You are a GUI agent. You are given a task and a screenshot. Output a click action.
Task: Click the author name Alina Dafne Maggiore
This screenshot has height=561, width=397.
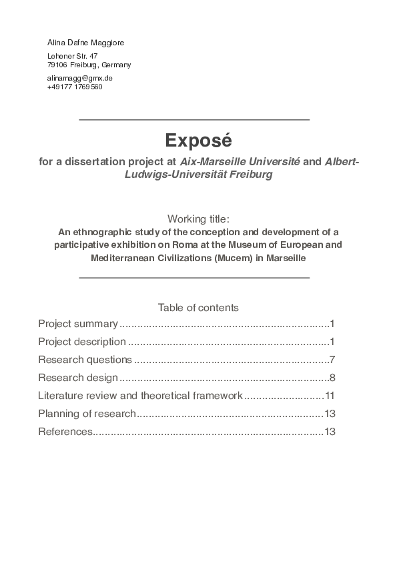(x=86, y=43)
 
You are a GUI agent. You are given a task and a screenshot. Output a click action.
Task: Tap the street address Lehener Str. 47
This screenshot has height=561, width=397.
(x=73, y=56)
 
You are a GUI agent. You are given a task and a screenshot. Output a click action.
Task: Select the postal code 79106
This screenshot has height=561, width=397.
(x=57, y=65)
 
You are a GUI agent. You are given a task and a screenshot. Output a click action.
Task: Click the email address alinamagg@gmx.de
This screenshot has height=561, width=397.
(x=79, y=78)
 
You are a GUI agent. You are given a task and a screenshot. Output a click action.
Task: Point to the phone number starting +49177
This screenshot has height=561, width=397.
(x=75, y=87)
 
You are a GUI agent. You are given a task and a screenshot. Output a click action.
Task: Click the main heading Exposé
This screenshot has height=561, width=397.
(x=198, y=141)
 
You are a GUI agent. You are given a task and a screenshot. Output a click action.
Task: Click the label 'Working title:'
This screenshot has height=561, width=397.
(x=198, y=219)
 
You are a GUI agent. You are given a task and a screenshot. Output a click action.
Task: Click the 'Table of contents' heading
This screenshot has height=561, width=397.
(x=198, y=307)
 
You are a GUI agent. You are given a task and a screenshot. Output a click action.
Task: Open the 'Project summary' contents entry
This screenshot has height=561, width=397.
(x=78, y=324)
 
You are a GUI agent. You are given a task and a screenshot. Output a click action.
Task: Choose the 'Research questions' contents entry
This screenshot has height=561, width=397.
(x=85, y=360)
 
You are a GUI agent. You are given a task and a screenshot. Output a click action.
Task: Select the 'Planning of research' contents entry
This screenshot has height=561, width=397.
(x=87, y=414)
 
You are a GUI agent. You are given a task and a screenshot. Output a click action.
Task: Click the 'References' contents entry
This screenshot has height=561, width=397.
(x=65, y=432)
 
